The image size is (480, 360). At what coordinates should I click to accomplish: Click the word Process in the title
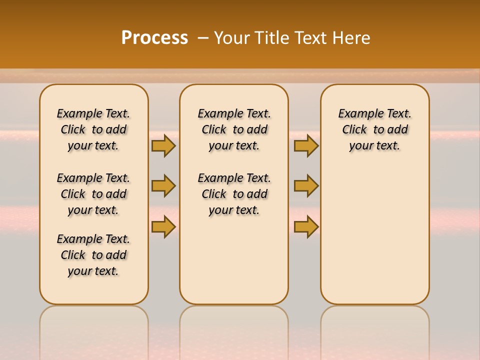pyautogui.click(x=154, y=37)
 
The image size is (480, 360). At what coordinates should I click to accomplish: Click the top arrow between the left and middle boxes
pyautogui.click(x=163, y=145)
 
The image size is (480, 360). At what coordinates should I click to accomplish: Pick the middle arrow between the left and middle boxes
pyautogui.click(x=163, y=186)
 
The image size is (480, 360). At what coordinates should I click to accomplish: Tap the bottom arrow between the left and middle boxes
pyautogui.click(x=163, y=227)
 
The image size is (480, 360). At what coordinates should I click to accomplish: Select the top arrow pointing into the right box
pyautogui.click(x=306, y=145)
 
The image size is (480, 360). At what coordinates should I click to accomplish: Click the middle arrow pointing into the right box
pyautogui.click(x=306, y=186)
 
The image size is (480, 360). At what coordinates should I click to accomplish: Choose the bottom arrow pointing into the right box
pyautogui.click(x=306, y=227)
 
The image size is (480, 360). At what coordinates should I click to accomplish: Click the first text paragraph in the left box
pyautogui.click(x=93, y=129)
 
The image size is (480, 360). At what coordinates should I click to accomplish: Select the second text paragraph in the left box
pyautogui.click(x=93, y=194)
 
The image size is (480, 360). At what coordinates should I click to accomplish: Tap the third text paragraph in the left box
pyautogui.click(x=93, y=255)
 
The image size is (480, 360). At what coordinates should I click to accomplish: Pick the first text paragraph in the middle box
pyautogui.click(x=234, y=129)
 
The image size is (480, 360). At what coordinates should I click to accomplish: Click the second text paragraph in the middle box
pyautogui.click(x=234, y=194)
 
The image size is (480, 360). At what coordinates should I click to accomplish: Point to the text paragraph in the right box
pyautogui.click(x=374, y=129)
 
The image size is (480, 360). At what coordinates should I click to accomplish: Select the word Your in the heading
pyautogui.click(x=232, y=38)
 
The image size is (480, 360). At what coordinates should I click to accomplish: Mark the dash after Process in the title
pyautogui.click(x=203, y=38)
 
